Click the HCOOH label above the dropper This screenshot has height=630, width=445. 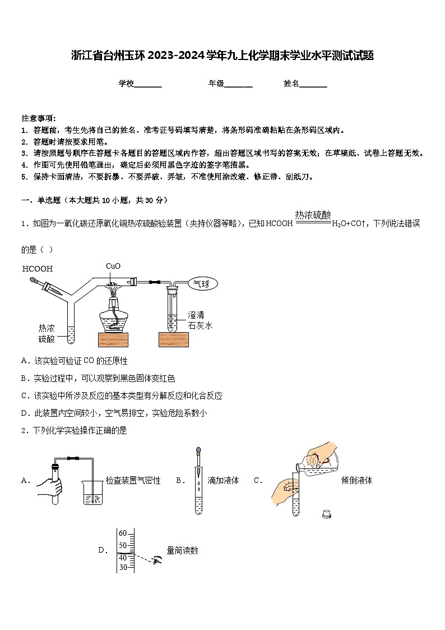[x=38, y=269]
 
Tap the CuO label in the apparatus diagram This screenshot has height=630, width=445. [x=113, y=266]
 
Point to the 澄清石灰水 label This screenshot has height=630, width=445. [x=200, y=320]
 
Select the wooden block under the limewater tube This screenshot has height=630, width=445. [x=173, y=339]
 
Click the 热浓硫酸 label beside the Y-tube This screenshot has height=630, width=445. [x=47, y=333]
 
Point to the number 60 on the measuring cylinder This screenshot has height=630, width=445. [x=123, y=534]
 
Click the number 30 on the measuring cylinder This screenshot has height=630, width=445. [x=123, y=567]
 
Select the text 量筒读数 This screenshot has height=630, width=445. [x=182, y=550]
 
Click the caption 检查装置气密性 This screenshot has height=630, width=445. [x=133, y=480]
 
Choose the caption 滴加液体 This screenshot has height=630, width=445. [x=223, y=480]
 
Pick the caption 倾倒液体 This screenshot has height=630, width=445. [x=356, y=480]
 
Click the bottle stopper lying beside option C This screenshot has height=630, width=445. [x=327, y=513]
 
